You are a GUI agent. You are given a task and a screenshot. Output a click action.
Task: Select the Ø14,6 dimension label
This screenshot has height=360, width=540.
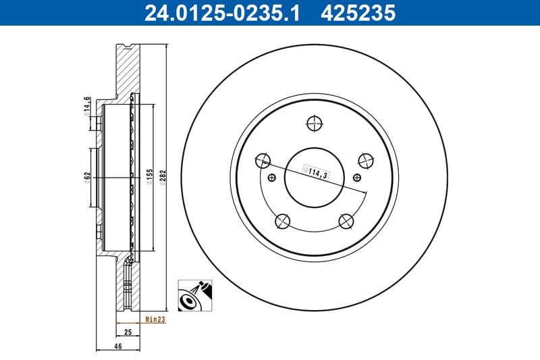(86, 106)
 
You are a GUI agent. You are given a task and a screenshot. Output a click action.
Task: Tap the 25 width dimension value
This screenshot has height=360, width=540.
(128, 332)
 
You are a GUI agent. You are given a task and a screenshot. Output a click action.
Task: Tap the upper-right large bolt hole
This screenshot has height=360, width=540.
(365, 160)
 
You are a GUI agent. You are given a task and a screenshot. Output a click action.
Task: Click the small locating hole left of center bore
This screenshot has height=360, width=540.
(272, 178)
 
